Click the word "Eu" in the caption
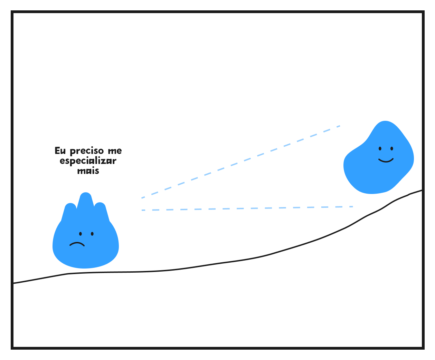click(60, 151)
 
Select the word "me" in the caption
click(115, 151)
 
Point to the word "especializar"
click(88, 161)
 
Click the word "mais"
click(88, 171)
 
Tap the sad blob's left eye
click(80, 234)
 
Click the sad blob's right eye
click(92, 234)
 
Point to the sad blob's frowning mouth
click(77, 244)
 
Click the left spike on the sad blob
click(70, 208)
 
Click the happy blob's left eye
click(380, 148)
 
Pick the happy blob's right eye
click(392, 148)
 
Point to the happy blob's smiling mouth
click(386, 160)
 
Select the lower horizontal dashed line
click(247, 208)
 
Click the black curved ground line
click(221, 263)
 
